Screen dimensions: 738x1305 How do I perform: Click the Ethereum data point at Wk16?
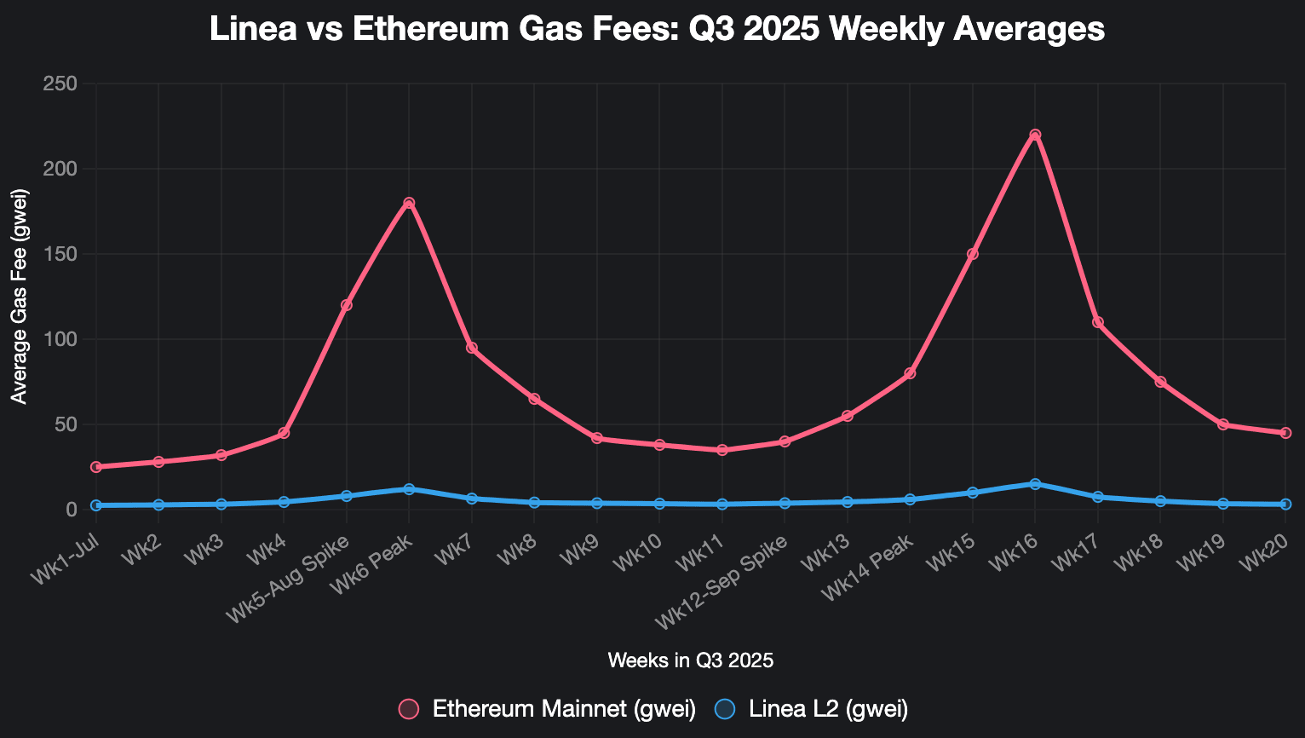click(1035, 135)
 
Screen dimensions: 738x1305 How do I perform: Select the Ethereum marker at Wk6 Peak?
click(409, 203)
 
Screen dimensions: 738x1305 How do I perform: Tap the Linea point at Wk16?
click(1035, 484)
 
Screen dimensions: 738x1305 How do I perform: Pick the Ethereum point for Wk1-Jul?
click(96, 467)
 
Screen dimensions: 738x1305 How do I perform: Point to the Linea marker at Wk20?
click(1285, 504)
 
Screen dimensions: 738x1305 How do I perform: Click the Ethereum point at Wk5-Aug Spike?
click(347, 305)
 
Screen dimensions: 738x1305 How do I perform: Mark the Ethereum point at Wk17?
click(1098, 322)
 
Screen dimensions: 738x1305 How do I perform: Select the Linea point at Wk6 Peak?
click(409, 489)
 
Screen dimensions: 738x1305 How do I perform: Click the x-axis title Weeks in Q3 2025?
click(691, 660)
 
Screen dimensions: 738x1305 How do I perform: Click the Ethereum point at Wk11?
click(722, 450)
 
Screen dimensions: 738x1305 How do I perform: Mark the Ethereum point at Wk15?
click(973, 254)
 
